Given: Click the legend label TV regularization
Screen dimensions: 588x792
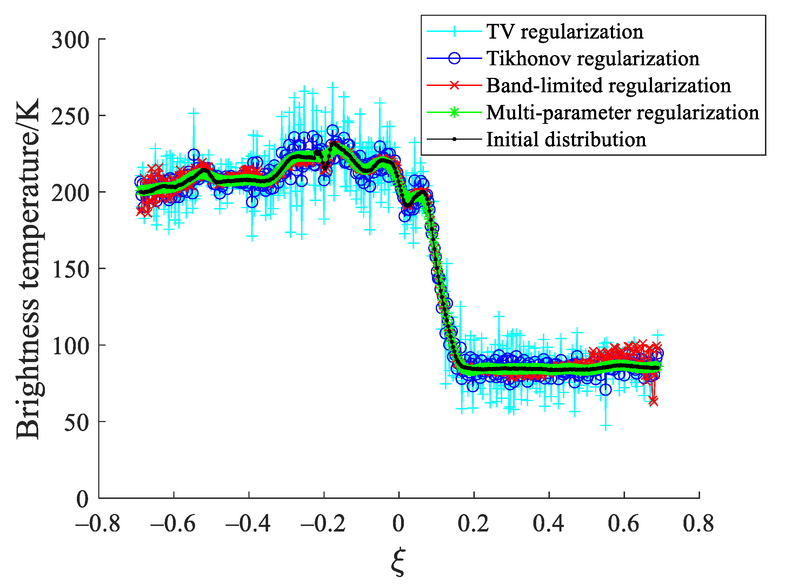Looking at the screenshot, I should pyautogui.click(x=565, y=32).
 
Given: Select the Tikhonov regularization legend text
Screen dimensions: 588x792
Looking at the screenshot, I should pyautogui.click(x=593, y=59).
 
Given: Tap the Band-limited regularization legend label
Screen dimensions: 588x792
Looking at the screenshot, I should pyautogui.click(x=608, y=86).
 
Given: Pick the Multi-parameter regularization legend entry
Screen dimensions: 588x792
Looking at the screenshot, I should pyautogui.click(x=623, y=113).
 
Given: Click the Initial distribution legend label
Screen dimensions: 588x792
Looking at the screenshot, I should pyautogui.click(x=566, y=140).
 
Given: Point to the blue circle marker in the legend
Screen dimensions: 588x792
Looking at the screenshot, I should pyautogui.click(x=454, y=58).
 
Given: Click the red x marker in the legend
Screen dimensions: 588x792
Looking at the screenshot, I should pyautogui.click(x=454, y=85).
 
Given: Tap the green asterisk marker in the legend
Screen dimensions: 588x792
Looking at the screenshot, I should pyautogui.click(x=454, y=113).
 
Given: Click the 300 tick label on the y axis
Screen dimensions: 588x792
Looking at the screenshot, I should pyautogui.click(x=70, y=40).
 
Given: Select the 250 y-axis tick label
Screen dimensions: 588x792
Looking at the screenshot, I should pyautogui.click(x=70, y=116).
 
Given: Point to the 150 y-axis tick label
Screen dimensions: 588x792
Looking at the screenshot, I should pyautogui.click(x=70, y=269).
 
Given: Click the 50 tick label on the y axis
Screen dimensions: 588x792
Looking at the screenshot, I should pyautogui.click(x=76, y=422).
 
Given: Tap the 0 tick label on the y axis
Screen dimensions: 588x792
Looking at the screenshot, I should pyautogui.click(x=82, y=499).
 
